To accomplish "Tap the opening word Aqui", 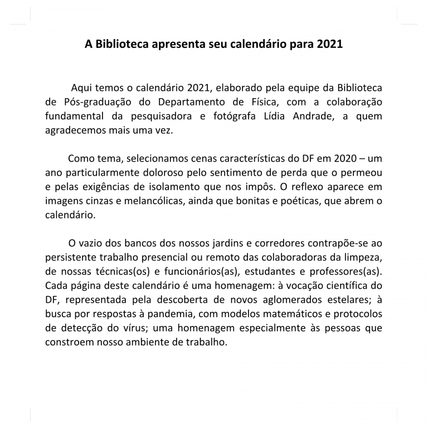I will tap(81, 88).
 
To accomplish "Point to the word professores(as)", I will tap(346, 272).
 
